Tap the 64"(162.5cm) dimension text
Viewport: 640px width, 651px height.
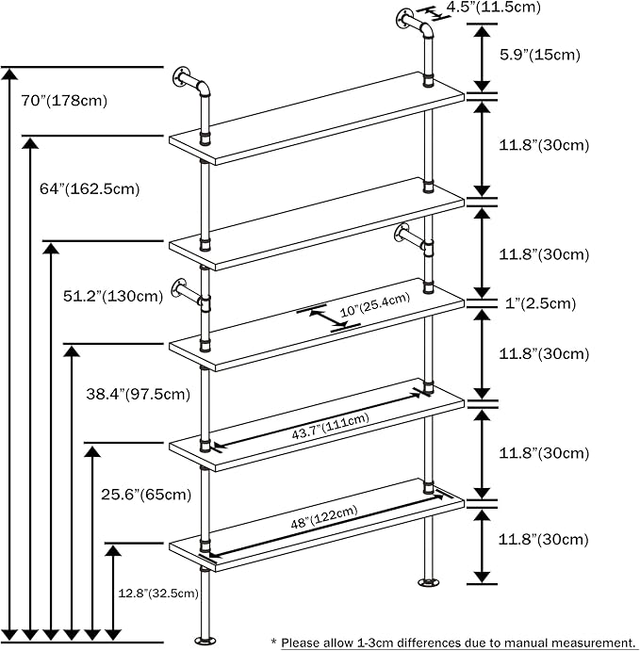90,188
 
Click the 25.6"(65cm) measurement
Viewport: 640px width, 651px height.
146,494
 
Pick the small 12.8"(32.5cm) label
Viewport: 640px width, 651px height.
158,594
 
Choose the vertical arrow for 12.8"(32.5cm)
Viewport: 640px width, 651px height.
114,594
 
